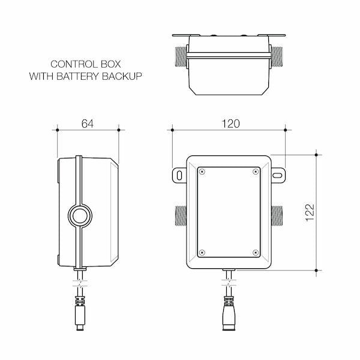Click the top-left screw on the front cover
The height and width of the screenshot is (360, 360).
point(202,172)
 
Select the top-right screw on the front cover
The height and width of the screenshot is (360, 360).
point(256,172)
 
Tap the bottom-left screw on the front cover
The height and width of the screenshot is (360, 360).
point(202,252)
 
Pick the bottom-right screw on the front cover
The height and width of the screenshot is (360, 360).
point(256,252)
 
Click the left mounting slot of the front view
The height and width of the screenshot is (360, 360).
point(179,175)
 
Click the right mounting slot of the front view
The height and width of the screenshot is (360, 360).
point(278,175)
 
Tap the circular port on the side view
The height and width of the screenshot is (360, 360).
point(79,214)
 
